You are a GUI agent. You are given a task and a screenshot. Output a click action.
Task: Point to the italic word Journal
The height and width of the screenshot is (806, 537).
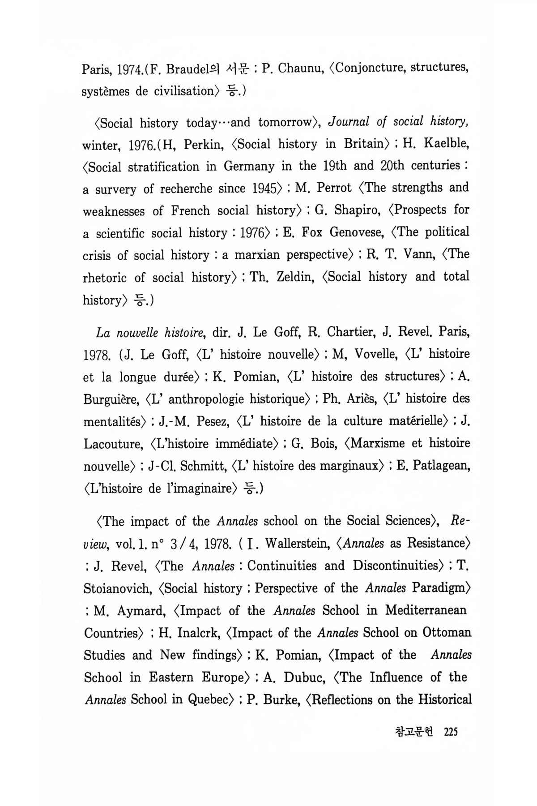tap(352, 121)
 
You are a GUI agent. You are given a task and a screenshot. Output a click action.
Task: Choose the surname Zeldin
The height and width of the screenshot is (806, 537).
tap(295, 277)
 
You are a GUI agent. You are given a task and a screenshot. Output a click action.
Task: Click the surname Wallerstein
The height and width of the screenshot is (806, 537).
tap(297, 544)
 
